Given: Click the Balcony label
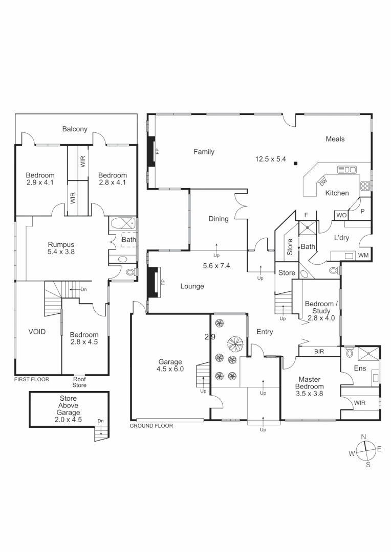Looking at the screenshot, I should coord(75,129).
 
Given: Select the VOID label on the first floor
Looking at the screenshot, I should coord(37,332).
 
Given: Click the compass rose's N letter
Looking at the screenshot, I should coord(363,436).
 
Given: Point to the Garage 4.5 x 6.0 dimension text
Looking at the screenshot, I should coord(170,369).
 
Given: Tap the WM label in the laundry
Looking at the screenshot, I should coord(363,255).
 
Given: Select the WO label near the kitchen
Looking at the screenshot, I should coord(341,215).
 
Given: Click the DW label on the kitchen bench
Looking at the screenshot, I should coord(323,180).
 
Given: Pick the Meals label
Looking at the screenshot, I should coord(335,139).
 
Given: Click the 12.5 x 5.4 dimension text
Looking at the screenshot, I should coord(270,159).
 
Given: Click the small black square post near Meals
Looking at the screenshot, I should coord(296,164).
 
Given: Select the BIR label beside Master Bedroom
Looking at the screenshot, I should coord(318,352).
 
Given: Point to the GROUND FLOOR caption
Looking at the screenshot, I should coord(151,426).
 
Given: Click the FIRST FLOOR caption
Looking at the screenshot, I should coord(32,380).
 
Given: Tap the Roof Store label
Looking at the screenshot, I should coord(79,382).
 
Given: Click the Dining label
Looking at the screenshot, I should coord(219,219).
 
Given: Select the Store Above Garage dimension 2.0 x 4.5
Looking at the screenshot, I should coord(68,420).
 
